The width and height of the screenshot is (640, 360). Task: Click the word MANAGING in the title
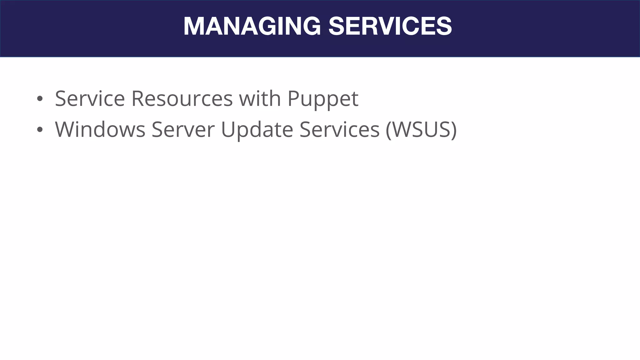pos(252,26)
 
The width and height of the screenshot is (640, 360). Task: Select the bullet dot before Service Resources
pos(39,99)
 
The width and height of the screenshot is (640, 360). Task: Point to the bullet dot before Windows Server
pos(39,130)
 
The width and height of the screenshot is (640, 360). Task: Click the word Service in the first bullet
pos(90,99)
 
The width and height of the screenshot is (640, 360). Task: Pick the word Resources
pos(182,99)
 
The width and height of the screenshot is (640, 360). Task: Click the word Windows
pos(100,130)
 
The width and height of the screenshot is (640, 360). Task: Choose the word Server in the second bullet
pos(183,130)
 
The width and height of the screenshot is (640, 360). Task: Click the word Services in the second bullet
pos(339,130)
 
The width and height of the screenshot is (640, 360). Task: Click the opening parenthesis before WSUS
pos(389,130)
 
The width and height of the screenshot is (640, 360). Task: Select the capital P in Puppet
pos(293,99)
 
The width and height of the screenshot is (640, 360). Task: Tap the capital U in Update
pos(228,130)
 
